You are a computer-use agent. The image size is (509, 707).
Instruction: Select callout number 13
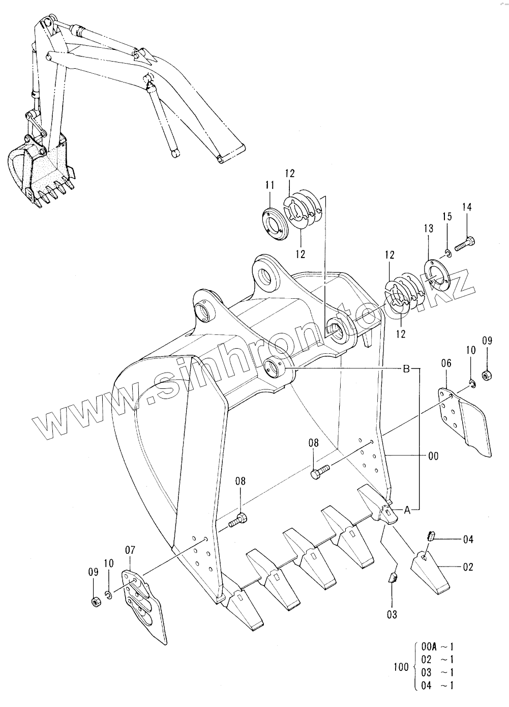coord(429,228)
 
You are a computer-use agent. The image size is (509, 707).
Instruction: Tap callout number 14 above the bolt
coord(467,207)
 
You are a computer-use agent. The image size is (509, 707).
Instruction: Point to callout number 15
coord(446,216)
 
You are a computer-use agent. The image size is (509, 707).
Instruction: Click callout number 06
coord(446,363)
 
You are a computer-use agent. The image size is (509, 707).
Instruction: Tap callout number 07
coord(130,550)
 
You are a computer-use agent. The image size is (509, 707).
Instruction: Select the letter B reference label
coord(406,369)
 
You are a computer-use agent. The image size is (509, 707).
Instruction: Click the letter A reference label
coord(407,509)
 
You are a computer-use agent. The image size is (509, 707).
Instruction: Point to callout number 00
coord(433,456)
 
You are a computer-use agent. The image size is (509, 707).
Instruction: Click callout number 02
coord(468,567)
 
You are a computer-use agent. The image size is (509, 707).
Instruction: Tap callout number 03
coord(392,614)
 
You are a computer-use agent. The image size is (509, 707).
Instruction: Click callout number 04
coord(468,539)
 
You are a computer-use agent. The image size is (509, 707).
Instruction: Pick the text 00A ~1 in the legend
coord(437,647)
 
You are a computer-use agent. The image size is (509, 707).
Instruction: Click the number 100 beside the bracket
coord(401,667)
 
